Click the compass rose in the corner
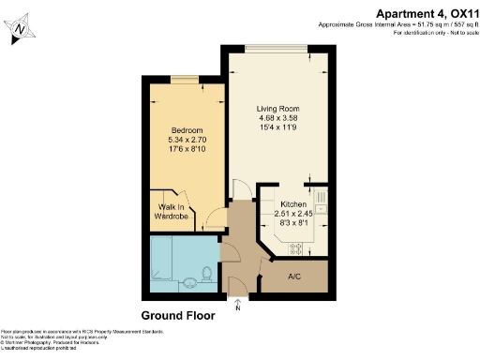[x=21, y=31]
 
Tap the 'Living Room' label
[x=277, y=109]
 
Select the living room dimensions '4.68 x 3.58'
[x=277, y=118]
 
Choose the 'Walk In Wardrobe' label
[x=172, y=212]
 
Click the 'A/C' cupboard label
[x=292, y=277]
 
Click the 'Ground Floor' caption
[x=178, y=316]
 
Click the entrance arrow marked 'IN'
[x=238, y=302]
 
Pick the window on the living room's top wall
[x=276, y=48]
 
